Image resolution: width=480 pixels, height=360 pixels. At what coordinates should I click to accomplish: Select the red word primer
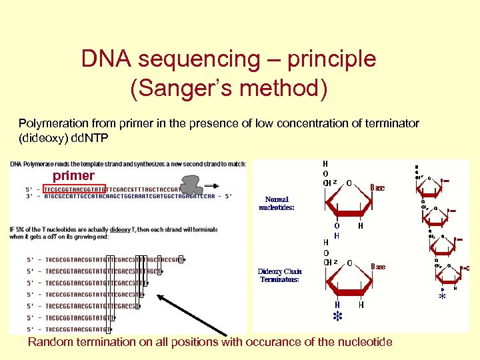point(73,175)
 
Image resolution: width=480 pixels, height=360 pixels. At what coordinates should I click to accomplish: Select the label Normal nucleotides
point(277,203)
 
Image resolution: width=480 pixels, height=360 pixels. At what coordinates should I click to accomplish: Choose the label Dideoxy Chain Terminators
point(280,275)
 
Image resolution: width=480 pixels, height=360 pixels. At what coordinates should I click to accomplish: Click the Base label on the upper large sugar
point(377,187)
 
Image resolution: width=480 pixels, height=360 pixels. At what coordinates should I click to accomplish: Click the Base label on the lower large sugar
point(378,267)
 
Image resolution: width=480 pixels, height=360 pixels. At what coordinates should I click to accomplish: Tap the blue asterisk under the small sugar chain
point(441,297)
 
